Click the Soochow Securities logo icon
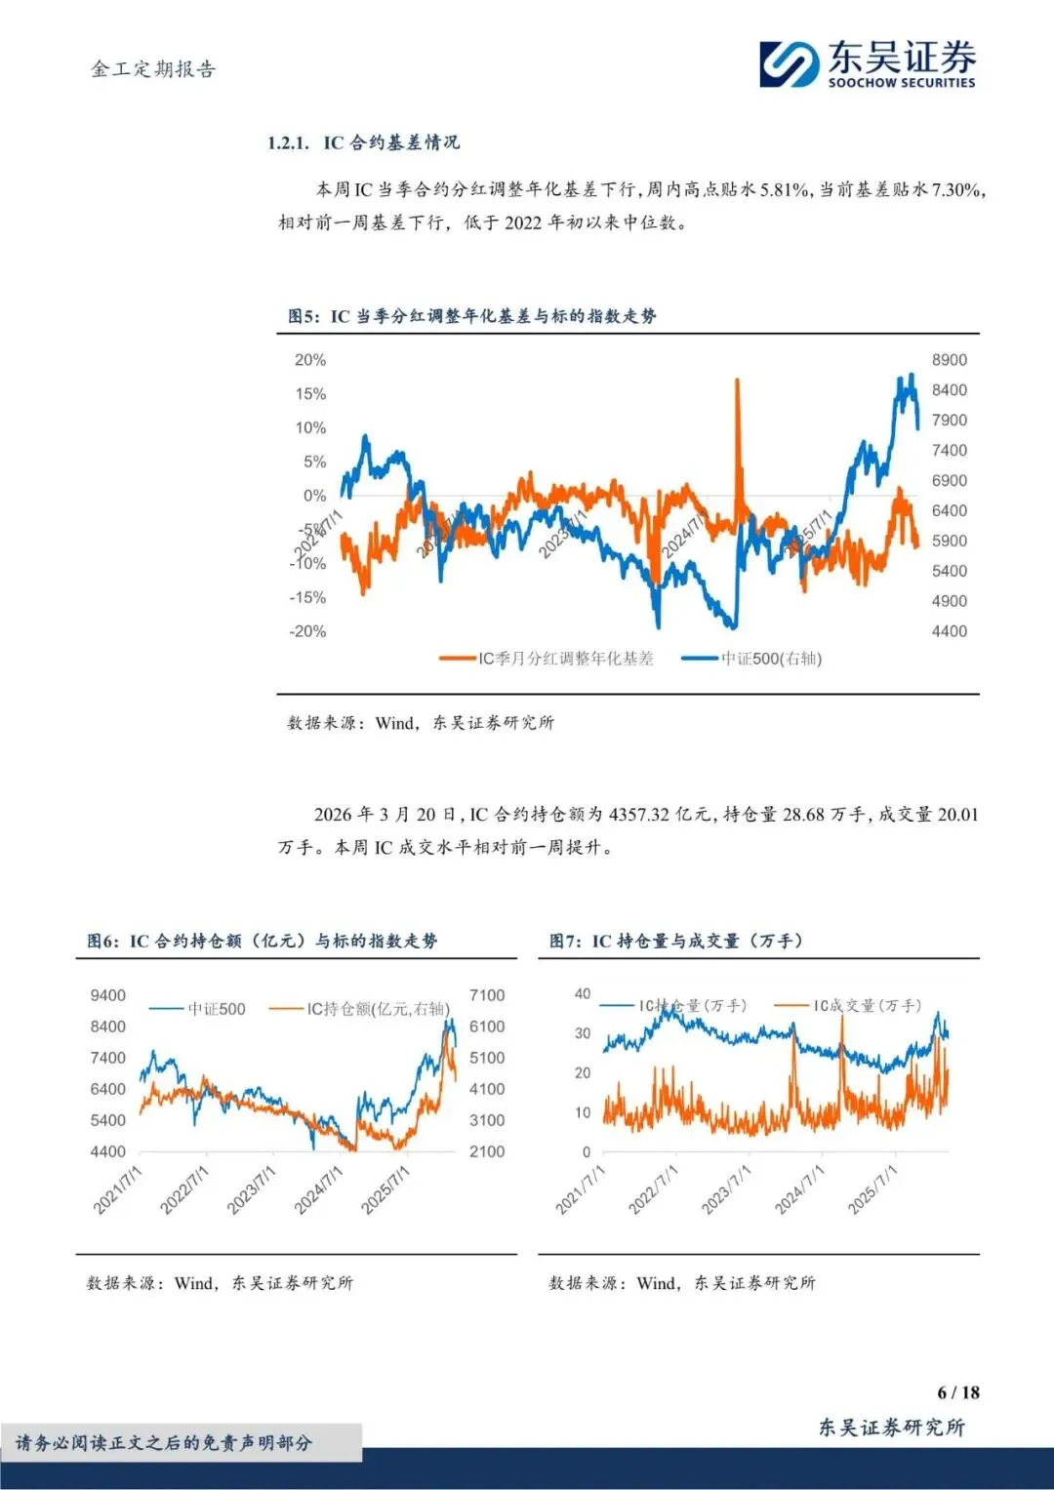point(790,63)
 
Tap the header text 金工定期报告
point(153,69)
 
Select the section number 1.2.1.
point(288,143)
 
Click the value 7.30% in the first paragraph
point(956,189)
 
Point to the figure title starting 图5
point(471,316)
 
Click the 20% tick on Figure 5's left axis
point(310,360)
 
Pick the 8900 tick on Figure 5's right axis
point(949,360)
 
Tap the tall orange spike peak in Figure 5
point(737,382)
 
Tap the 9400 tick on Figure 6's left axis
point(107,995)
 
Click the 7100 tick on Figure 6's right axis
point(487,995)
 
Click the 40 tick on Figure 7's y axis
point(583,993)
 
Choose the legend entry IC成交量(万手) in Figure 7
point(868,1005)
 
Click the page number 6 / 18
point(957,1392)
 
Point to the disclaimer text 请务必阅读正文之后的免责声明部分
point(164,1442)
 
